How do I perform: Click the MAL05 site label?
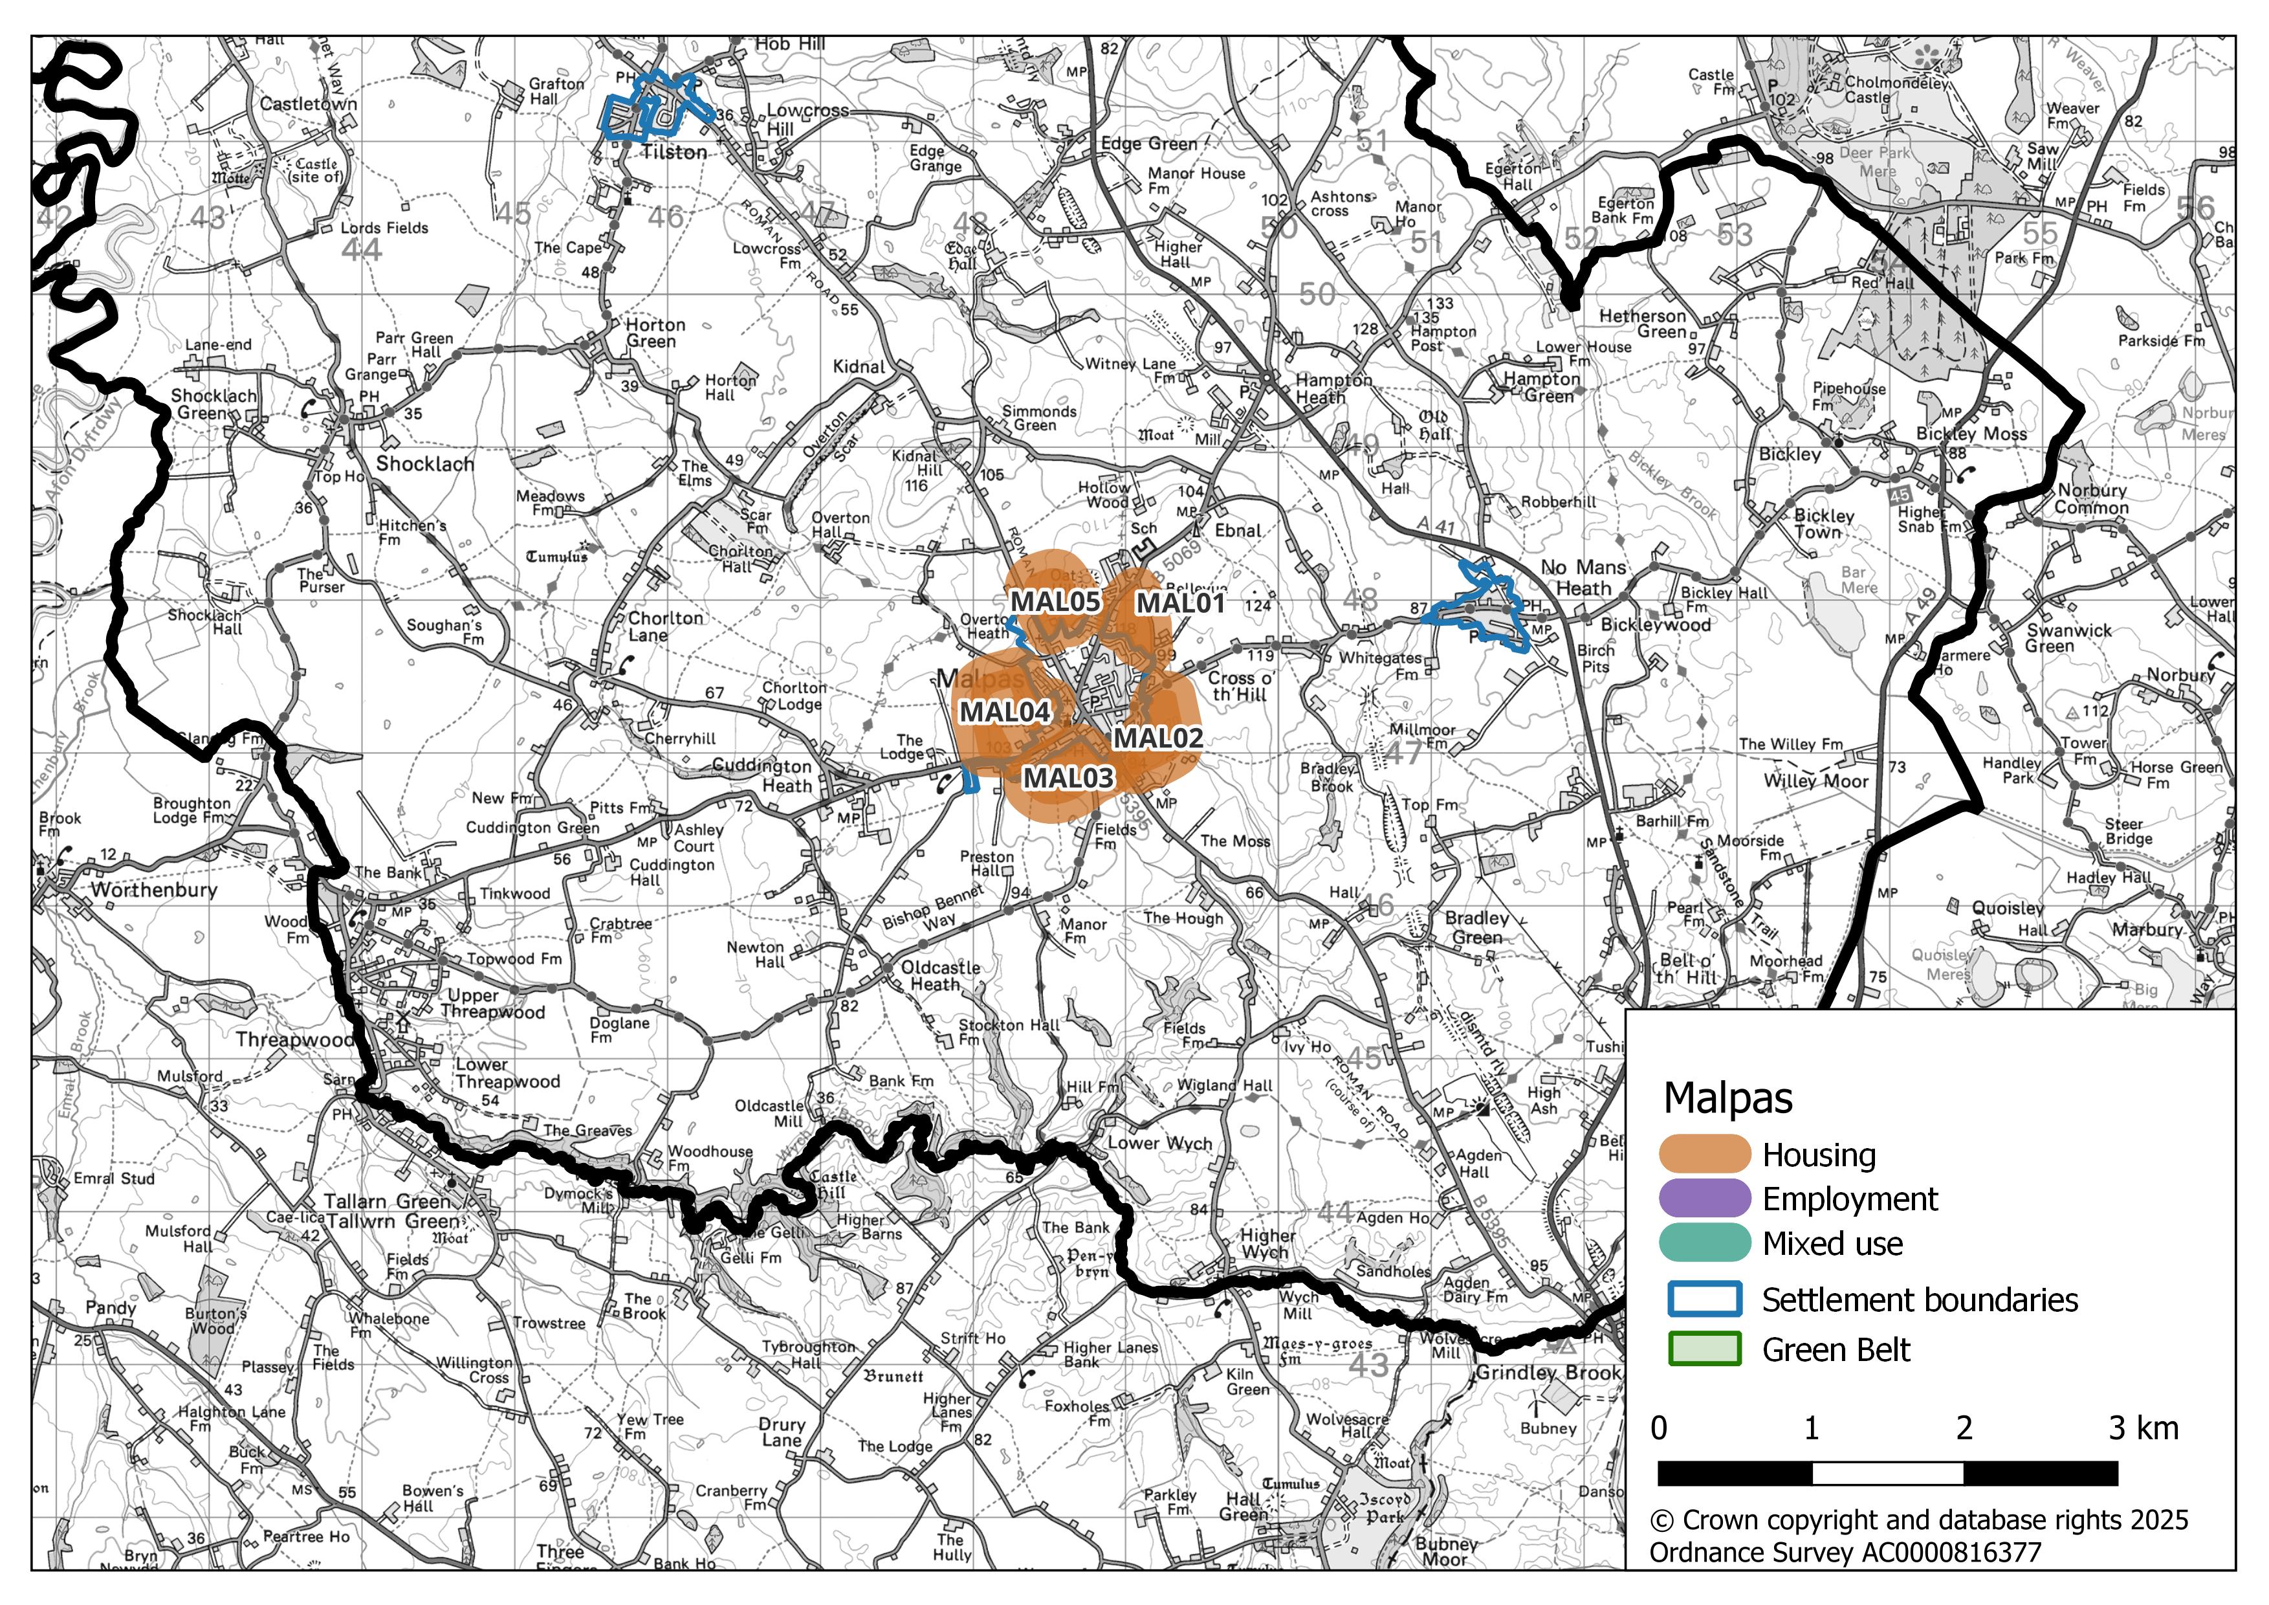[1055, 602]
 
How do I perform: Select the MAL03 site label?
[1068, 778]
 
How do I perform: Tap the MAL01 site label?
[1180, 603]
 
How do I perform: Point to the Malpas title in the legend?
[1727, 1098]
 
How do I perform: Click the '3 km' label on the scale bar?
[2142, 1429]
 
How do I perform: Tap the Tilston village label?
[674, 152]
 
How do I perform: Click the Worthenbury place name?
[153, 889]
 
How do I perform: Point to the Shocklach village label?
[425, 465]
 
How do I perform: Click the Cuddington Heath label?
[762, 776]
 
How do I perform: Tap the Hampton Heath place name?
[1333, 388]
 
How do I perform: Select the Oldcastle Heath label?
[940, 977]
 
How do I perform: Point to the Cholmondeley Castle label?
[1896, 90]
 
